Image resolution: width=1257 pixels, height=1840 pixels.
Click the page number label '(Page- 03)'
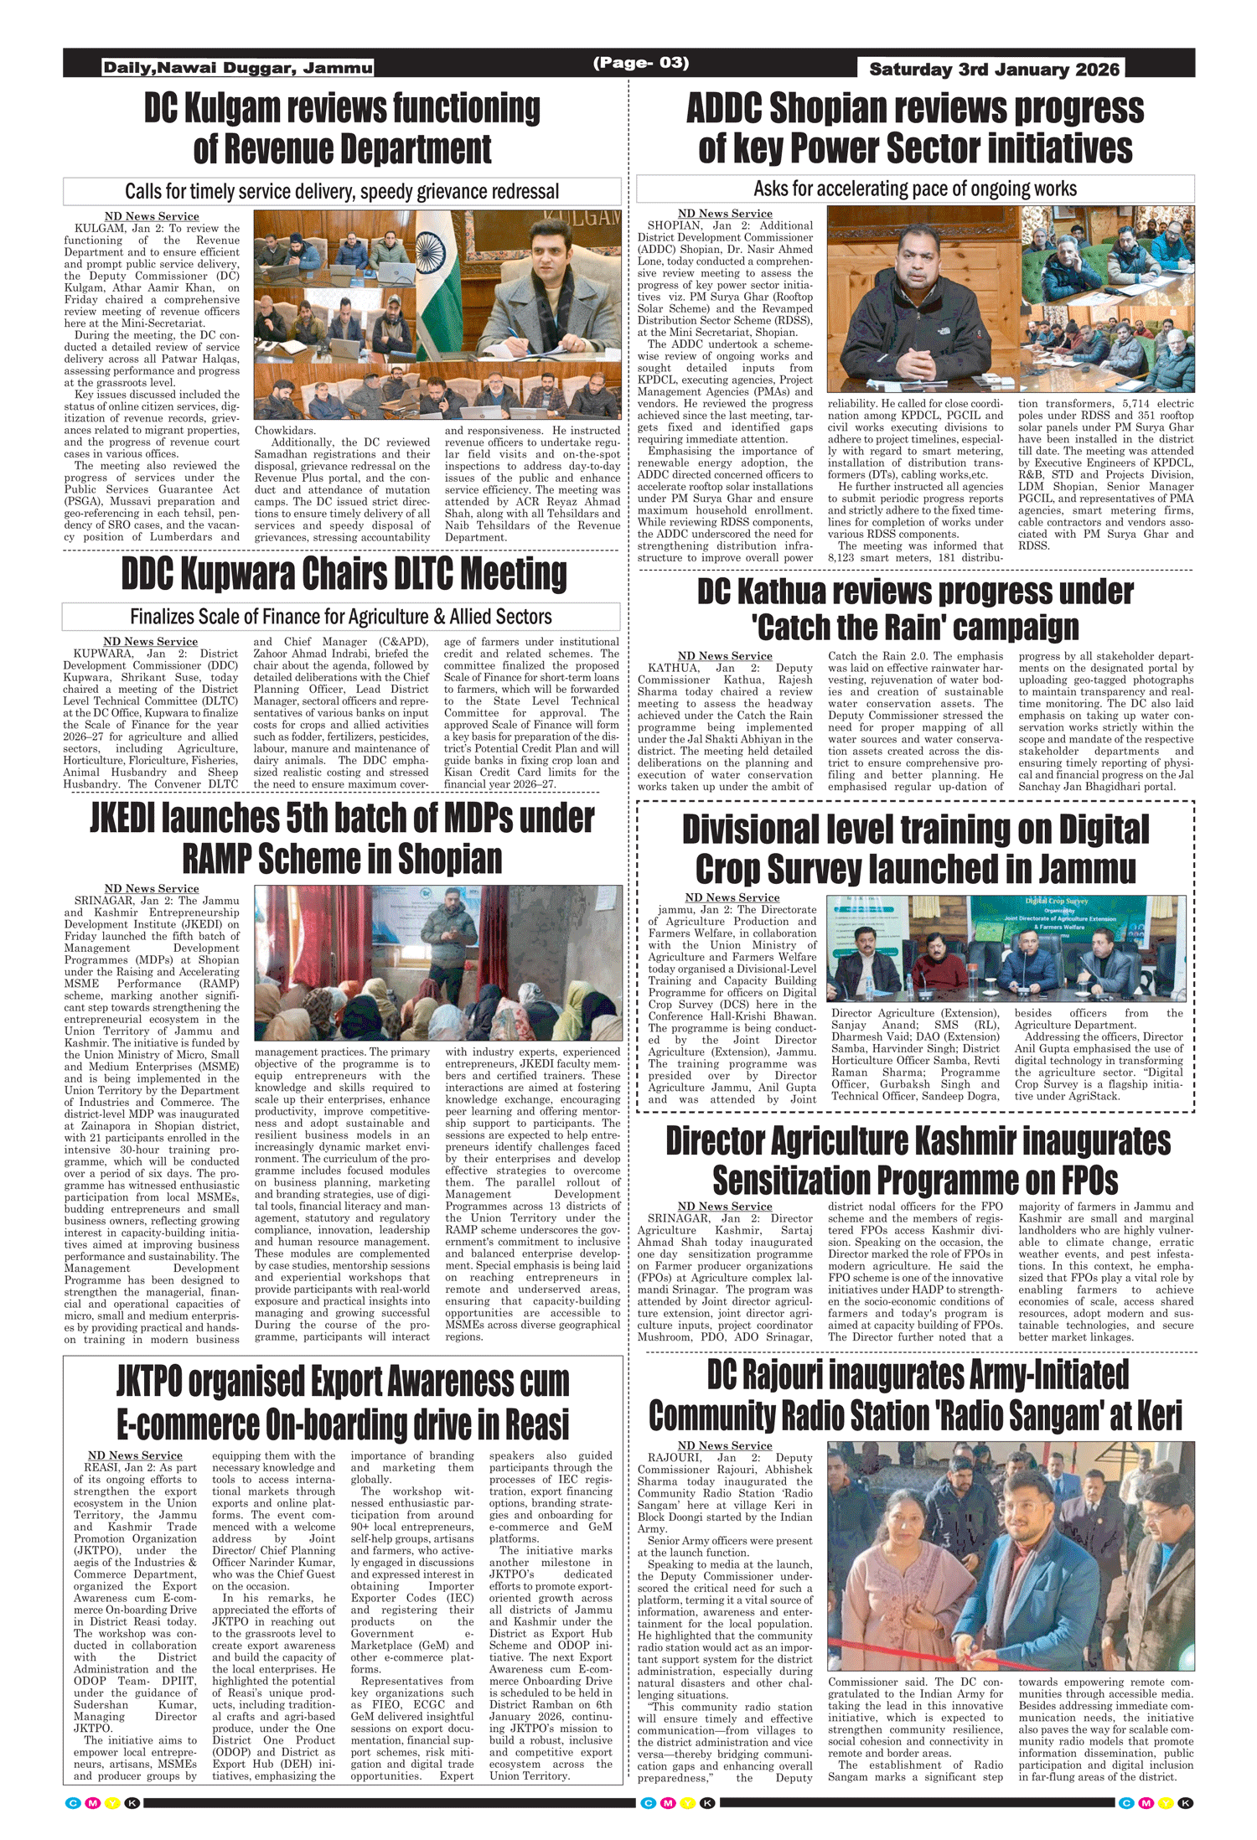(640, 63)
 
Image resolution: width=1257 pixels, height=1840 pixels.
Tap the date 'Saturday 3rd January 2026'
(994, 70)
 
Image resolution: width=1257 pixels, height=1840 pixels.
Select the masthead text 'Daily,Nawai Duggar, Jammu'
(237, 68)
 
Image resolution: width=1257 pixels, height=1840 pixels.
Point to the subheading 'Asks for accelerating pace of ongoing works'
(915, 189)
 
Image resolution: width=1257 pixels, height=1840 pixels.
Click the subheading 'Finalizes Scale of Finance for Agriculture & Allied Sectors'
(341, 618)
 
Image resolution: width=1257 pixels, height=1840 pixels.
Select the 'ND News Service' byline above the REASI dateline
(135, 1455)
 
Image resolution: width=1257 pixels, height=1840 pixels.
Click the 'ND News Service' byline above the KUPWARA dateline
(150, 642)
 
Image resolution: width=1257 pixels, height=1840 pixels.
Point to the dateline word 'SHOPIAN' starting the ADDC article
(674, 226)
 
